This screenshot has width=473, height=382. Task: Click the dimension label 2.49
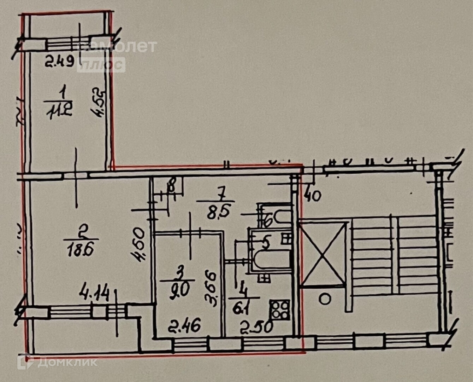[x=60, y=63]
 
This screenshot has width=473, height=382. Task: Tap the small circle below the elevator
[x=325, y=299]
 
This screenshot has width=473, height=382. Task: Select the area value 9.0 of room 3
[x=179, y=290]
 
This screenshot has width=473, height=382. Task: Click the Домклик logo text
[x=67, y=362]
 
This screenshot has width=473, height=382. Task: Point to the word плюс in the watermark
[x=101, y=65]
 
